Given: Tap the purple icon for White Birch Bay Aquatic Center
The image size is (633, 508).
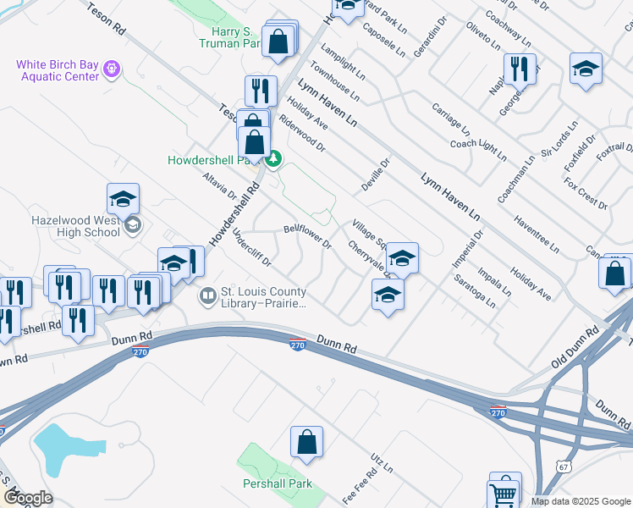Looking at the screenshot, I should point(111,67).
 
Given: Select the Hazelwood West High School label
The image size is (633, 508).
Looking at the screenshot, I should point(75,225).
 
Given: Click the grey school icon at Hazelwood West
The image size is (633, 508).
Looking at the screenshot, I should point(132,225).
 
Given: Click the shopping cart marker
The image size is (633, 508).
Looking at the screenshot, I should point(504,494).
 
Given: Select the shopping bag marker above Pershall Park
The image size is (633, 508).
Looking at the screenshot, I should point(306,442).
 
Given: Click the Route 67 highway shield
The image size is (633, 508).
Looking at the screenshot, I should point(564,467).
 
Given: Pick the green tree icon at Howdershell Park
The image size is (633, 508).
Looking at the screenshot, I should point(273,158).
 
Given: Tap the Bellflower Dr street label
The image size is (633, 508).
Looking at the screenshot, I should point(307,236).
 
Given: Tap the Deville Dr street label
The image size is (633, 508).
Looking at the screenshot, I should point(376,174).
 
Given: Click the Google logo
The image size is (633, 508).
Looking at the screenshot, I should point(29,498).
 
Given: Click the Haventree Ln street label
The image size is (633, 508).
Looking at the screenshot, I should point(536,233).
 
